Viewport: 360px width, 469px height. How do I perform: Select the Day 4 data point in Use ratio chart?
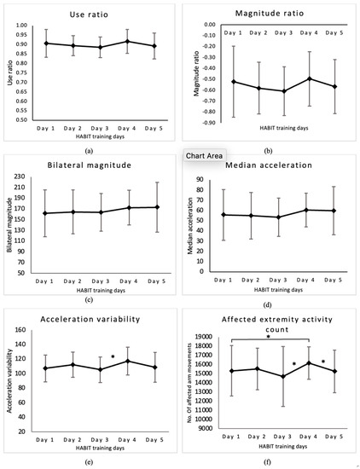[x=127, y=41]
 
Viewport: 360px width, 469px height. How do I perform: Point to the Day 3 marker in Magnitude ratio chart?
[x=284, y=90]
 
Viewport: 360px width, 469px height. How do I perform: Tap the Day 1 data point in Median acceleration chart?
[x=223, y=215]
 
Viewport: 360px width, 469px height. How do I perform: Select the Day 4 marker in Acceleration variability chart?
[x=127, y=361]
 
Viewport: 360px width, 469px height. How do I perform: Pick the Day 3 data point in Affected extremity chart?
[x=284, y=376]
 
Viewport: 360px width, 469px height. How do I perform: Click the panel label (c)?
[x=90, y=300]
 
